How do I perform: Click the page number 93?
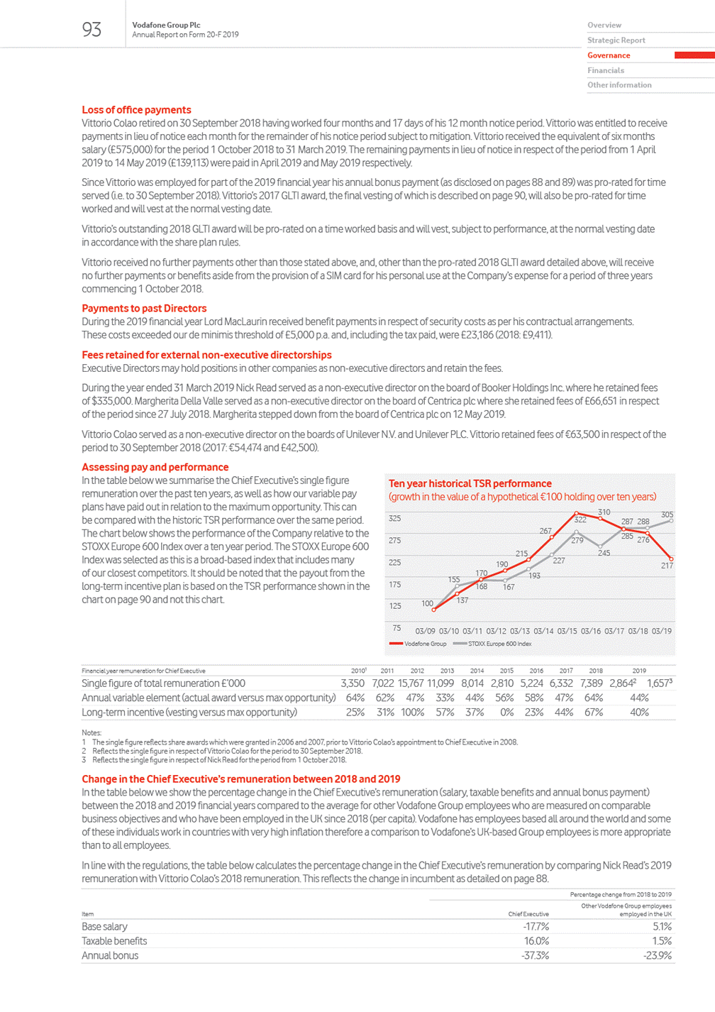click(x=92, y=29)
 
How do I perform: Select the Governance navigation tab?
click(x=609, y=55)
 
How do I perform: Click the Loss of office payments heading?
click(x=136, y=110)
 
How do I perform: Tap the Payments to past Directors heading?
click(x=144, y=309)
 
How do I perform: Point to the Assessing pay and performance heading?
click(x=155, y=467)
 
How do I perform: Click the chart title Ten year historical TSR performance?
click(x=470, y=483)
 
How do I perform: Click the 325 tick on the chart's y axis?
click(x=395, y=519)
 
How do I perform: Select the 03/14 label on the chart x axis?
click(x=543, y=631)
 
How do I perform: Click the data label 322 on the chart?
click(x=580, y=519)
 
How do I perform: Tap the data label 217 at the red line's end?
click(x=667, y=566)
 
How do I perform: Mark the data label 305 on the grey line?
click(x=667, y=515)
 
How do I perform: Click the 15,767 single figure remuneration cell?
click(x=411, y=683)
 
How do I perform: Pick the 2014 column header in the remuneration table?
click(x=477, y=671)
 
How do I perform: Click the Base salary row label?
click(x=104, y=927)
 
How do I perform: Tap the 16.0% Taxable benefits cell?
click(x=536, y=941)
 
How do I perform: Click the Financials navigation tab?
click(x=606, y=70)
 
